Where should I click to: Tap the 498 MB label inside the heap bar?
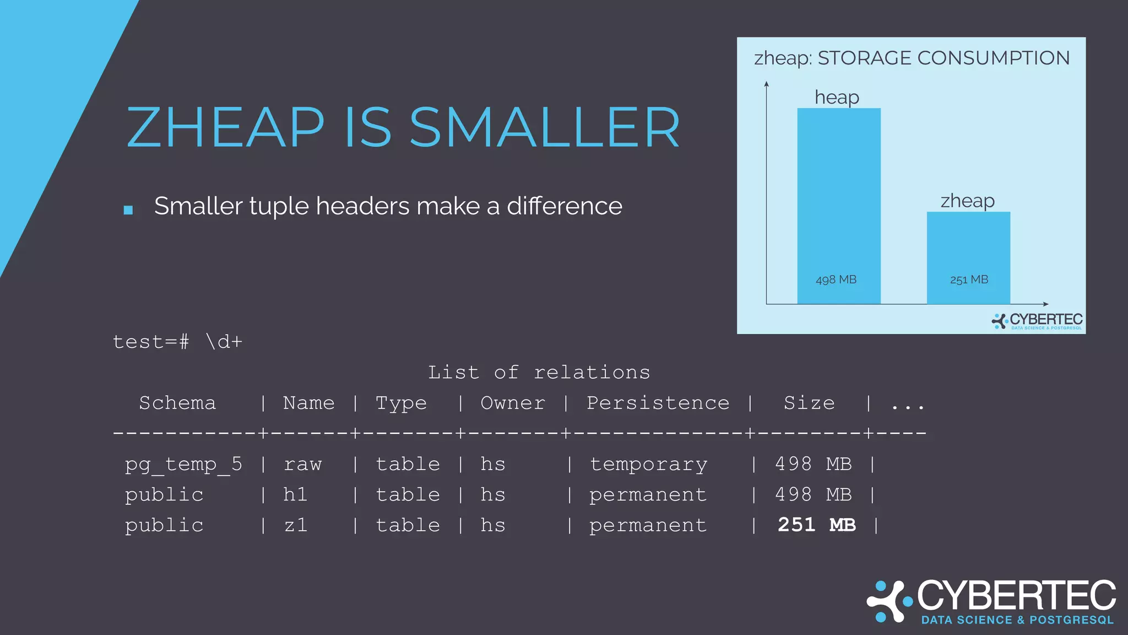836,280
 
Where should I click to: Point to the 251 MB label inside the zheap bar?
969,280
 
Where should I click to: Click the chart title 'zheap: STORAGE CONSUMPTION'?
912,58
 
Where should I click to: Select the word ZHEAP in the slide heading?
226,128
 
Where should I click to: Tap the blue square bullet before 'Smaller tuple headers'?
128,210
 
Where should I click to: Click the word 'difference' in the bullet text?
564,206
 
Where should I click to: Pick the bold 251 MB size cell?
816,525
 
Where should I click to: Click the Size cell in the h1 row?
813,494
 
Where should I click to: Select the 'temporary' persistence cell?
648,464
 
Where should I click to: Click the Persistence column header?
658,403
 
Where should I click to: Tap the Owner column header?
512,403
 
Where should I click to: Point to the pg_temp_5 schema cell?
183,464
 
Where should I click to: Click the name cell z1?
296,525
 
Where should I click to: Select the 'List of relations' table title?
539,373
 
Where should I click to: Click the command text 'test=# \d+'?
177,342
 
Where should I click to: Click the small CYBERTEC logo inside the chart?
1037,321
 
